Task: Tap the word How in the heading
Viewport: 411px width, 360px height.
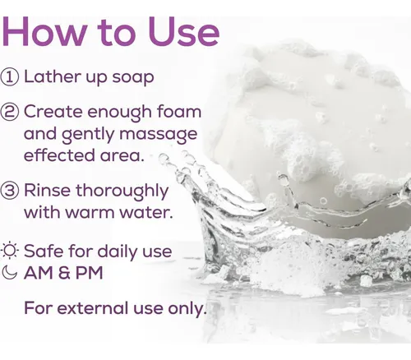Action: (45, 31)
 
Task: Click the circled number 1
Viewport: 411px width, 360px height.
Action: (10, 77)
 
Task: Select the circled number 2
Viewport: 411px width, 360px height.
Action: (10, 113)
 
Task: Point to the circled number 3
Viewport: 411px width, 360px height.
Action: (10, 191)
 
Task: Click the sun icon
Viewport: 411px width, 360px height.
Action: (10, 251)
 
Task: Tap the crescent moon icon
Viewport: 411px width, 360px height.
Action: (9, 272)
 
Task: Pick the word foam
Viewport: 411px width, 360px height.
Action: (179, 111)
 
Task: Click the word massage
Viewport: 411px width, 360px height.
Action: (159, 135)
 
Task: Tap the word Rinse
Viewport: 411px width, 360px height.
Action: (47, 190)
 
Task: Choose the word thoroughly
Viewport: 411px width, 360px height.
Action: (122, 192)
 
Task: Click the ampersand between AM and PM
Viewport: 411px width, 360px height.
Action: (63, 273)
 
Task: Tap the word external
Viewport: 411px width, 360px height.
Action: (93, 308)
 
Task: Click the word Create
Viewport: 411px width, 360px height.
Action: (53, 112)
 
